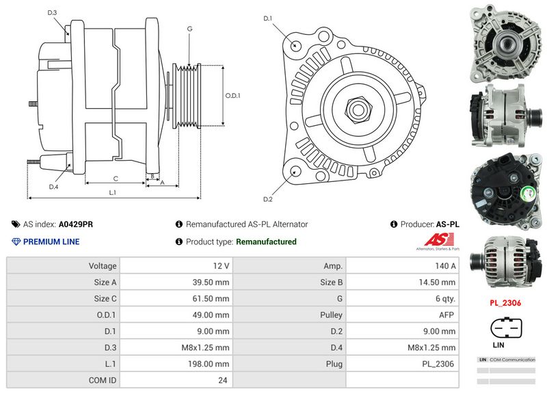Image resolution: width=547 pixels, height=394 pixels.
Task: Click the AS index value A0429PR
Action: (x=76, y=224)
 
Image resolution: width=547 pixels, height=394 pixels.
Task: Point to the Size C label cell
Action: (x=103, y=298)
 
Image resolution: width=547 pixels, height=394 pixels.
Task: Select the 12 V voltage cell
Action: (x=221, y=265)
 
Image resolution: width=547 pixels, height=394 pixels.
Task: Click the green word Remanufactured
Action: (x=266, y=241)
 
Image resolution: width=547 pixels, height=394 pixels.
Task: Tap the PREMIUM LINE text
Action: (x=51, y=241)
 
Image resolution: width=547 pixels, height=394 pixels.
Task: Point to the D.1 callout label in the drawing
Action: (x=268, y=18)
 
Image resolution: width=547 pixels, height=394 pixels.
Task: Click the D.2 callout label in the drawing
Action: (x=268, y=199)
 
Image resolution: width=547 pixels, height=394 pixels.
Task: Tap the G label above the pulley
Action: (x=189, y=29)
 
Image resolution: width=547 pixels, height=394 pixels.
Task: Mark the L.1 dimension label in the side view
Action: (x=113, y=193)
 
